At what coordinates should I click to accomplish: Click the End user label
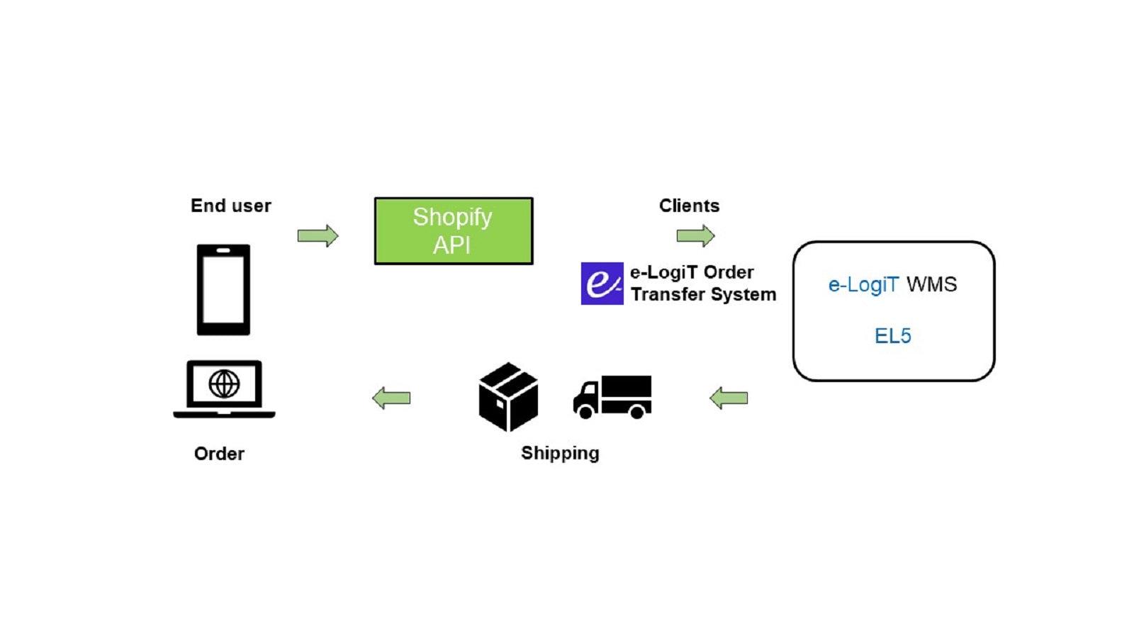click(x=231, y=206)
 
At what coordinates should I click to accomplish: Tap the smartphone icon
click(x=223, y=289)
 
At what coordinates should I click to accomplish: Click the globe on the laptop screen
click(x=224, y=384)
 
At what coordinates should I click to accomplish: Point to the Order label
click(x=219, y=454)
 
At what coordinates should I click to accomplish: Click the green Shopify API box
click(x=454, y=231)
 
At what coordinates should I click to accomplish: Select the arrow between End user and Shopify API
click(x=318, y=235)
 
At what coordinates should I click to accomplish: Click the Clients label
click(x=689, y=206)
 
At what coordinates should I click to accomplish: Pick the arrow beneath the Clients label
click(x=695, y=235)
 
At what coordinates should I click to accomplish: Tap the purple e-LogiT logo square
click(x=602, y=284)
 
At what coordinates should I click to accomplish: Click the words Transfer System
click(x=703, y=294)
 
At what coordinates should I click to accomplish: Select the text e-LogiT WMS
click(x=892, y=284)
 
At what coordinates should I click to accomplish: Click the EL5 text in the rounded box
click(x=892, y=335)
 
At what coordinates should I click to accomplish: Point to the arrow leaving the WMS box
click(x=729, y=398)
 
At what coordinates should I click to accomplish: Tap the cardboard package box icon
click(x=508, y=397)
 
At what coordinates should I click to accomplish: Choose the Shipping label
click(x=560, y=453)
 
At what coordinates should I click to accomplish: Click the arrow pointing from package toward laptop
click(x=391, y=398)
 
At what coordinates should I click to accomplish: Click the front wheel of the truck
click(x=585, y=411)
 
